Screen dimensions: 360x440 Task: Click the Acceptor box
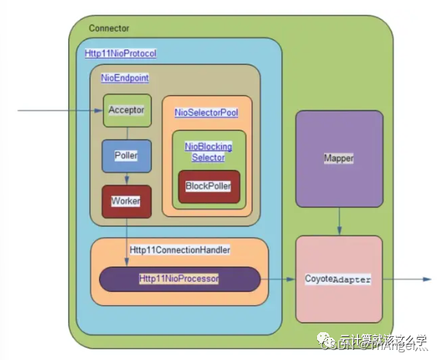pos(127,110)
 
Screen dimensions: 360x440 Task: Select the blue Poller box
pos(127,155)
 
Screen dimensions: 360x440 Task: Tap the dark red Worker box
pos(127,201)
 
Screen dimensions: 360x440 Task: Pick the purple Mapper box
pos(339,158)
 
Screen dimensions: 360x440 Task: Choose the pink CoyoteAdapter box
pos(339,279)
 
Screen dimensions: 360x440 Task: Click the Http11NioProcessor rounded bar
pos(179,278)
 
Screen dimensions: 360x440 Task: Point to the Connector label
pos(109,29)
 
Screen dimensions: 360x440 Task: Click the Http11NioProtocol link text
pos(121,53)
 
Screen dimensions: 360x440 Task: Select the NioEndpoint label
pos(124,78)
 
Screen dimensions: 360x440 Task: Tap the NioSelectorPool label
pos(206,112)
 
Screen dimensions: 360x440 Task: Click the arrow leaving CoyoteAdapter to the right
pos(406,279)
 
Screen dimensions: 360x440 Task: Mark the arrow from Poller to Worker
pos(127,178)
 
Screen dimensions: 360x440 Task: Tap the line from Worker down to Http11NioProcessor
pos(127,239)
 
